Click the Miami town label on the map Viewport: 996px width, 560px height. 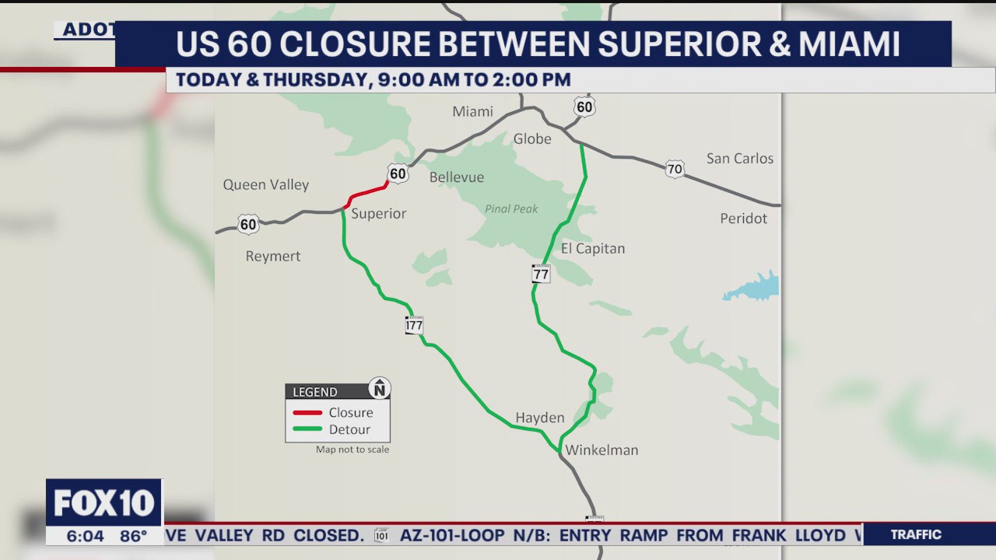point(472,111)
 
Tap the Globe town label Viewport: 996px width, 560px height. point(532,138)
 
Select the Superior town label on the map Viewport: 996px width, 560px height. point(378,213)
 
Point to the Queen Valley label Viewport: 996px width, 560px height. point(266,184)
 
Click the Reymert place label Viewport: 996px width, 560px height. point(272,256)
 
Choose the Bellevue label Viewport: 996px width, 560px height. point(457,177)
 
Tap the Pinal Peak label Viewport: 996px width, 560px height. point(511,208)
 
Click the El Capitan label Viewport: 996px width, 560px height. point(593,248)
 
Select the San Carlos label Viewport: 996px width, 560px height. point(739,158)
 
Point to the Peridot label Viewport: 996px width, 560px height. point(743,218)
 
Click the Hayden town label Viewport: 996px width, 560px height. point(540,418)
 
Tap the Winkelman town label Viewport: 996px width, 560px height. point(601,450)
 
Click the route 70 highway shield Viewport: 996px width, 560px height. point(675,169)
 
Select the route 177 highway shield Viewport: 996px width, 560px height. point(414,325)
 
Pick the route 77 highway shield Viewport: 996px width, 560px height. point(541,274)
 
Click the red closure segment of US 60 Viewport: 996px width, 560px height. point(367,192)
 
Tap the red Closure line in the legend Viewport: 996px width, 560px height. point(307,412)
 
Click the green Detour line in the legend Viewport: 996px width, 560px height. point(307,429)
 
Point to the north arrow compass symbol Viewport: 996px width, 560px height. point(379,388)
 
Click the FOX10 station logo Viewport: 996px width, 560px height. point(104,503)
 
